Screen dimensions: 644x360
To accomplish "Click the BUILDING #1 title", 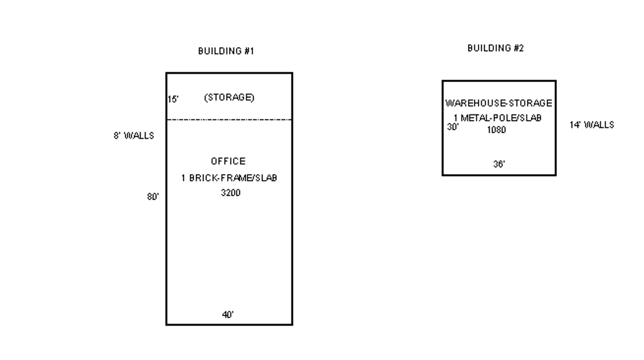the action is [226, 51].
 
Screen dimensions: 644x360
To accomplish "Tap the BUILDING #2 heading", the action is [495, 48].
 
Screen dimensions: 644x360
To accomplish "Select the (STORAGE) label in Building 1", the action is [229, 97].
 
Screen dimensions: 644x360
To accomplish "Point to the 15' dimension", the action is [173, 99].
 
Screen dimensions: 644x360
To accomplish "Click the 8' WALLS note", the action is [134, 136].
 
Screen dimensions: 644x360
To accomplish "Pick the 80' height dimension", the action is [153, 197].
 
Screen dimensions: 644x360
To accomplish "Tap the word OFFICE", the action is [228, 161].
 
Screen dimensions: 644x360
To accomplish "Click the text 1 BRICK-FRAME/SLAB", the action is [229, 178].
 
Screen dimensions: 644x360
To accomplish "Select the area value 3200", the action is [231, 192].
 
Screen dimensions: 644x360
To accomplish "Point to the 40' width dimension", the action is [228, 314].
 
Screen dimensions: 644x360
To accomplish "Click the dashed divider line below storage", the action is [229, 120].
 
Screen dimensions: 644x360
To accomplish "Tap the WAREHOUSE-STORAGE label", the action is [499, 103].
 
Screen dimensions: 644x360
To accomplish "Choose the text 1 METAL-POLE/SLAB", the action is [497, 118].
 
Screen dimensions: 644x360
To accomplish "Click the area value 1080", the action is [496, 130].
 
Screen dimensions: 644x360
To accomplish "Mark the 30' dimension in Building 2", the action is [452, 127].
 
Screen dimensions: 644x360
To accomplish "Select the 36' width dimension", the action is [499, 164].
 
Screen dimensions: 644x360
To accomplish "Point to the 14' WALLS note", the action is [592, 125].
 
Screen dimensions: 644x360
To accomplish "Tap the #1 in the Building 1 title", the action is [249, 51].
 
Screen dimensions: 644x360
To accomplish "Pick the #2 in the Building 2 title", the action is [519, 48].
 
